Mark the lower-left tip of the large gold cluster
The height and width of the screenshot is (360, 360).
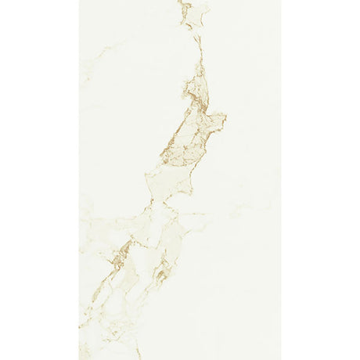162,162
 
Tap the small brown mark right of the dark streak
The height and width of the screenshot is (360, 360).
160,273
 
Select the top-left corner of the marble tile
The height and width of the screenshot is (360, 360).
80,1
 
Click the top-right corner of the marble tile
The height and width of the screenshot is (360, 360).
280,1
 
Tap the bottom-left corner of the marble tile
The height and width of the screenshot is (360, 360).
80,358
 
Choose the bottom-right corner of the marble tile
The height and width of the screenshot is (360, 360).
280,358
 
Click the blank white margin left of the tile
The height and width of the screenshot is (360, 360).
39,180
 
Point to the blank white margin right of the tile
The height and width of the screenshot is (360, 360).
321,180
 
